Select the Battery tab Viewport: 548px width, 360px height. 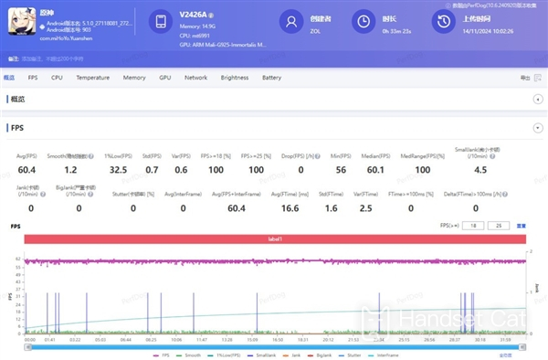[x=271, y=79]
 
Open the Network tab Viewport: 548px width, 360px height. [x=195, y=79]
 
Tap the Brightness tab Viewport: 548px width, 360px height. [x=234, y=79]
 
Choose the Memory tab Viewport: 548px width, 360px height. [x=133, y=79]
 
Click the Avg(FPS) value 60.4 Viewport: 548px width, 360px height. [x=26, y=170]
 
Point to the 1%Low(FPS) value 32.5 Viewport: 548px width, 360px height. [x=118, y=170]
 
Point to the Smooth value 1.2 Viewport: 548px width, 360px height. [x=70, y=170]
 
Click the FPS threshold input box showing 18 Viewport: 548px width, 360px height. [x=474, y=225]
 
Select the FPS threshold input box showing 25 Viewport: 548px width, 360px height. [x=499, y=225]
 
